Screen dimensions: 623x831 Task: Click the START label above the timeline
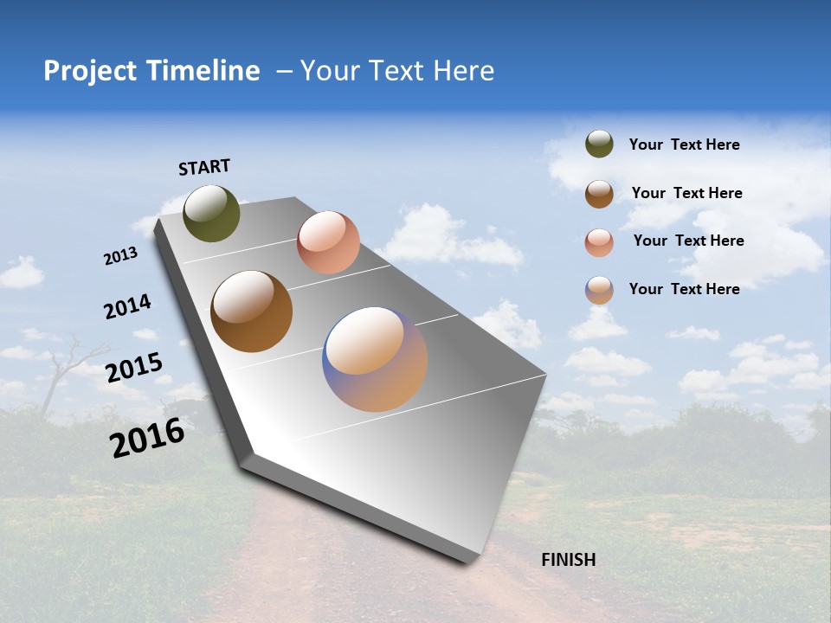click(204, 167)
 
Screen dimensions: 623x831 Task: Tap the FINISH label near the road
click(568, 560)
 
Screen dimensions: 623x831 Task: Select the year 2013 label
click(120, 256)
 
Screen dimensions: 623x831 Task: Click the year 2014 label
click(127, 306)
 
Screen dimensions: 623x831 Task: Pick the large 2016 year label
click(147, 437)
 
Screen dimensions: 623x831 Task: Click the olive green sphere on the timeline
click(211, 214)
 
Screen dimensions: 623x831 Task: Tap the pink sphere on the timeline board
click(328, 242)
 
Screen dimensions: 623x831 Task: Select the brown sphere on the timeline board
click(251, 311)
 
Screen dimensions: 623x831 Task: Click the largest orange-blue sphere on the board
click(375, 359)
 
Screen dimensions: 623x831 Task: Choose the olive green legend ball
click(599, 144)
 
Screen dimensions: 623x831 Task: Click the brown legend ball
click(599, 193)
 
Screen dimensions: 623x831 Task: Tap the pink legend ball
click(599, 241)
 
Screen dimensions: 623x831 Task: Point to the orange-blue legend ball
click(599, 290)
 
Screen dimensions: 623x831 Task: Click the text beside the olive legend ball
click(684, 145)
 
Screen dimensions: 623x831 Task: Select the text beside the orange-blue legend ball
click(684, 289)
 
